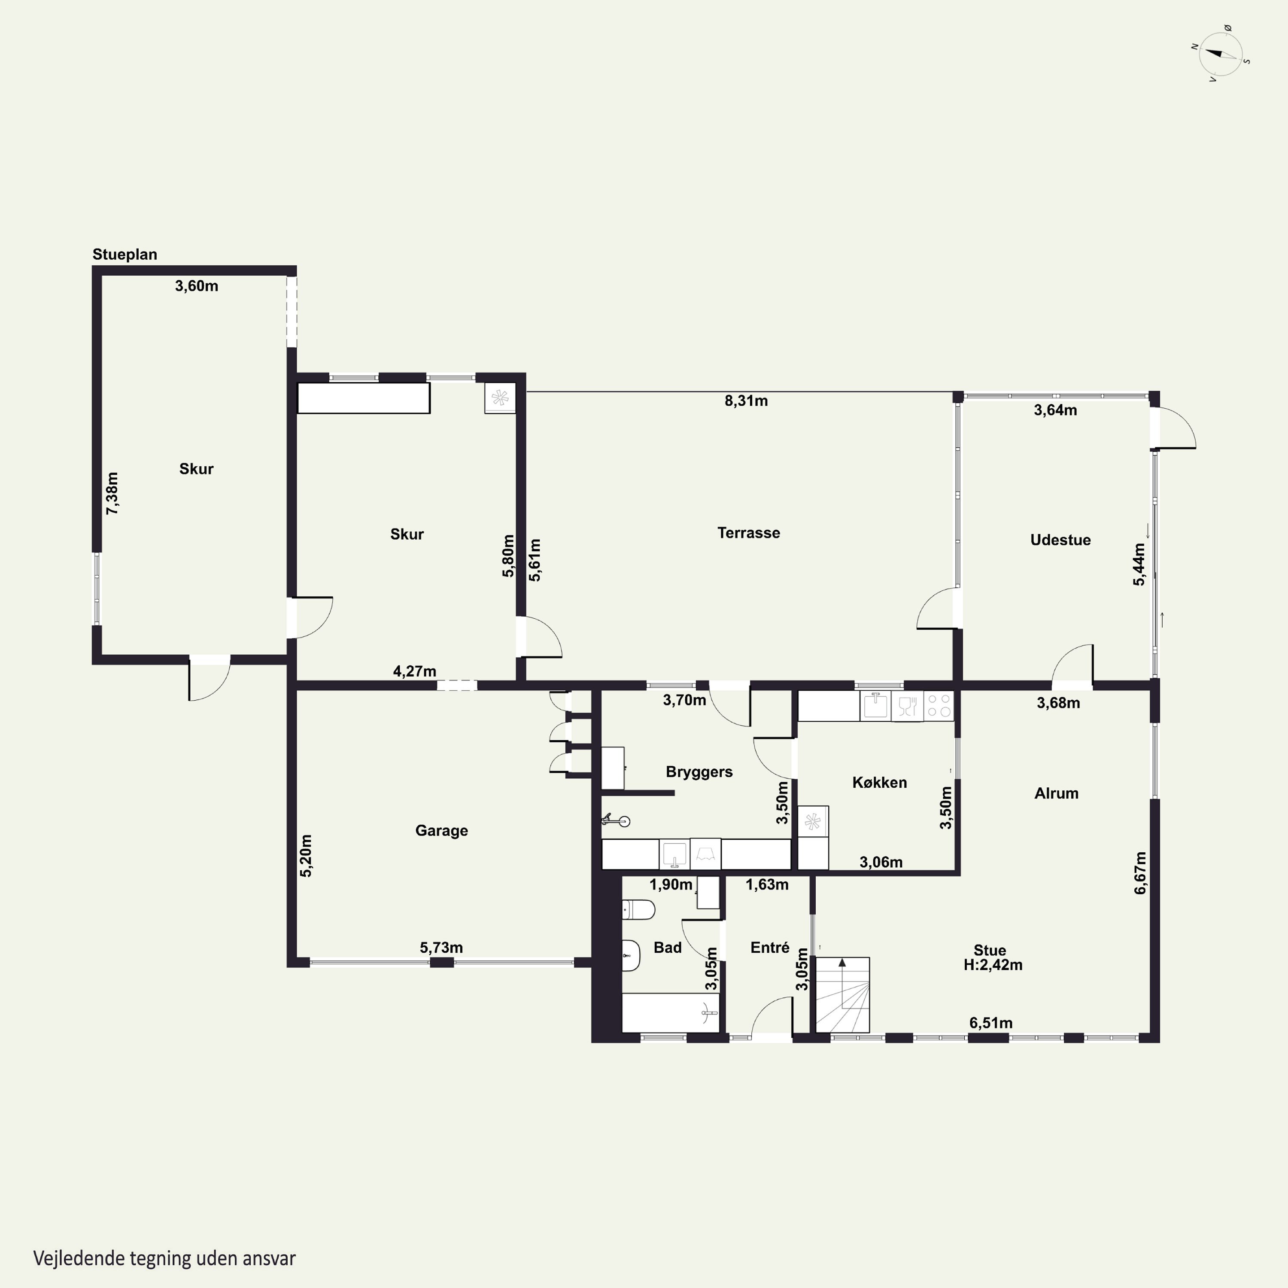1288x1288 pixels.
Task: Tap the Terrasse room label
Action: pos(749,533)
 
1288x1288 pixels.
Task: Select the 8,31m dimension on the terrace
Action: pos(746,401)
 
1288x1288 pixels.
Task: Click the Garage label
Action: pos(441,831)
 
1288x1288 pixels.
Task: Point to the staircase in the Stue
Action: pos(843,995)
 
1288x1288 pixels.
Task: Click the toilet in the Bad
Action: pos(638,909)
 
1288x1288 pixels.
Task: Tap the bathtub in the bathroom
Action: pos(671,1013)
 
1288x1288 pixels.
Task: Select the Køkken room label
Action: pos(879,783)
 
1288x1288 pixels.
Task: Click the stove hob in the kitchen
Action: pos(939,706)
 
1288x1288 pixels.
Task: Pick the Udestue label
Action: pos(1060,540)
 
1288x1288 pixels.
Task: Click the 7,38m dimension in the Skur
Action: pos(112,493)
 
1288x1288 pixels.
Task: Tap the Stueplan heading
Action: pos(125,255)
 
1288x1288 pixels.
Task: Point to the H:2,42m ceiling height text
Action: pos(993,965)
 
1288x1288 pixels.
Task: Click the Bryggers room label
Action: pos(699,772)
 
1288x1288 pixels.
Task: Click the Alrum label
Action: pos(1056,793)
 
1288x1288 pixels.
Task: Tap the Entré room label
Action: pos(769,948)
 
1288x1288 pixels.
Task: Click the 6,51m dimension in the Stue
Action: pos(990,1023)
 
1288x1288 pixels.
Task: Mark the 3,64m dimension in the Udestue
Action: pos(1055,410)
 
